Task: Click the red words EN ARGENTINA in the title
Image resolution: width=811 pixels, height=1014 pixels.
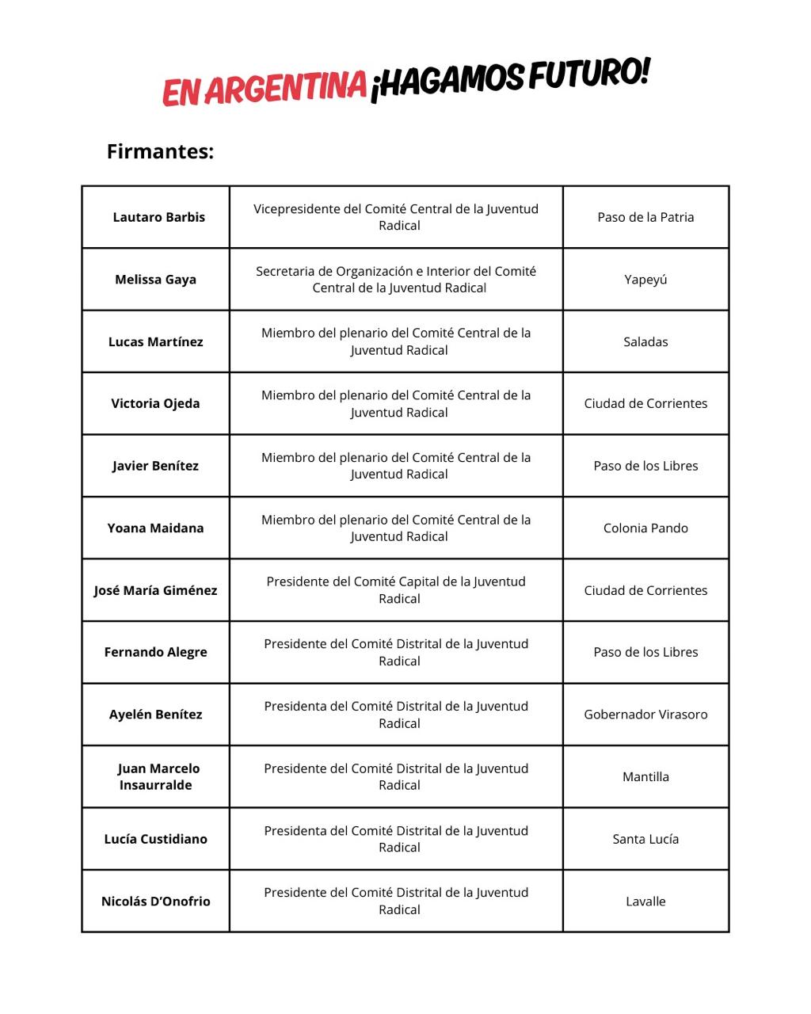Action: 265,88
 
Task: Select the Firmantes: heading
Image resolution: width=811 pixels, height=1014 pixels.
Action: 160,151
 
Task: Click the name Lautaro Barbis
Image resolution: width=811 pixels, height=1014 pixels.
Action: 158,217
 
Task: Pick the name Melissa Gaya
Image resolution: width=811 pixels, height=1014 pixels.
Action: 155,280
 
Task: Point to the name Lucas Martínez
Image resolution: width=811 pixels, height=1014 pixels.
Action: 155,341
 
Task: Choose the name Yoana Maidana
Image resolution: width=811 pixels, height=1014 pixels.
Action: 155,528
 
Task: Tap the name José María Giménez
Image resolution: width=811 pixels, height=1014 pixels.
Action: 155,590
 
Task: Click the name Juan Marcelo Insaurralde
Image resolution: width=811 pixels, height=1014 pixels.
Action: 157,776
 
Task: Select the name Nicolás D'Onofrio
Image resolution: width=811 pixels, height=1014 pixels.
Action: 155,901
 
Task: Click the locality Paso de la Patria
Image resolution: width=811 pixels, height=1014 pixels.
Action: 645,217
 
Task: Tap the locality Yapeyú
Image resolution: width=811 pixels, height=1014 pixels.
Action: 645,280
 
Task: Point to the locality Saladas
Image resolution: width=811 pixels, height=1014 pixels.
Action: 645,341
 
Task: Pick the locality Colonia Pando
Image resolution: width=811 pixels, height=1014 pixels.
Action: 645,528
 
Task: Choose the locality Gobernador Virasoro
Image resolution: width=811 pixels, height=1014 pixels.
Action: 645,714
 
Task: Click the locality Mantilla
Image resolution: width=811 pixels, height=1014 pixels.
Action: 645,776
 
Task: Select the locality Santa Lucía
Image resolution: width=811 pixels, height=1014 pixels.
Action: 645,839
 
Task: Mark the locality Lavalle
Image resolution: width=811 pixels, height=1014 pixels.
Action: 645,901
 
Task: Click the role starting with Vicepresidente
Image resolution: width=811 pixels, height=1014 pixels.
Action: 396,217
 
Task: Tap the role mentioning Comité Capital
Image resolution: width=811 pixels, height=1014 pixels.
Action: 396,590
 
